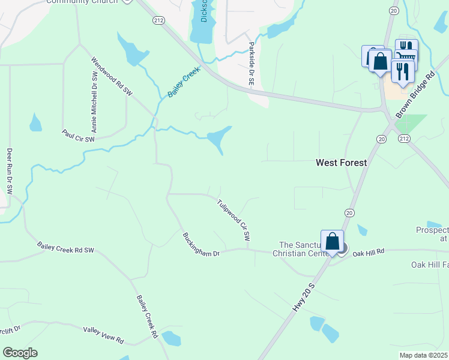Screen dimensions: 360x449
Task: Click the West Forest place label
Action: [x=342, y=163]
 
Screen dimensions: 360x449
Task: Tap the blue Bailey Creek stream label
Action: [x=184, y=83]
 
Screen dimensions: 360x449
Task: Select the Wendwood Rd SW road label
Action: [x=112, y=76]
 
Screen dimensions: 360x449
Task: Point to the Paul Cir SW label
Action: [x=79, y=136]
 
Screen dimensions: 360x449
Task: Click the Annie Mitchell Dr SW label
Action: [x=94, y=103]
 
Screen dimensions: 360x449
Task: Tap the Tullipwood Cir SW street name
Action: [x=234, y=220]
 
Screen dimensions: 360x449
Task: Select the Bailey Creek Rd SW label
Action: [x=65, y=247]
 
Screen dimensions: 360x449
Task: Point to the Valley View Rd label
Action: [x=103, y=335]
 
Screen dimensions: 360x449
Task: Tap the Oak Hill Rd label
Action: [x=368, y=254]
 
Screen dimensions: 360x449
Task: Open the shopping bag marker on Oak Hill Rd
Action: [x=332, y=242]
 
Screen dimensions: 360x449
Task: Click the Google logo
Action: [x=20, y=353]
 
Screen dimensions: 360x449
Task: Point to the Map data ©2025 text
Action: [x=423, y=355]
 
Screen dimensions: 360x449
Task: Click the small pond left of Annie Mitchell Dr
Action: [x=35, y=124]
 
